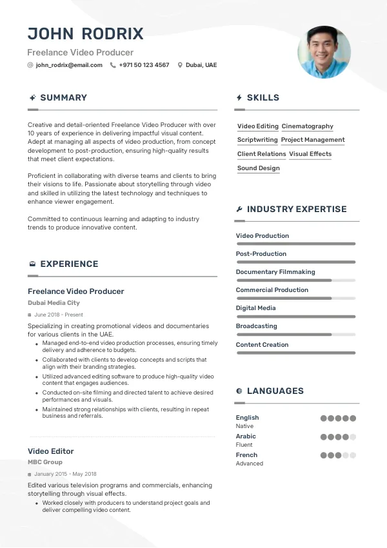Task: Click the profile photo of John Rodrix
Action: pos(324,52)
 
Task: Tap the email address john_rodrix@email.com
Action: pos(69,65)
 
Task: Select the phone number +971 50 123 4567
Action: pos(144,65)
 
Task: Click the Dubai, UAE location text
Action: pos(201,65)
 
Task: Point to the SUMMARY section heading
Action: pos(63,97)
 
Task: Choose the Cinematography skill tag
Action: pos(308,126)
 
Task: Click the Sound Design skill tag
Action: pos(258,168)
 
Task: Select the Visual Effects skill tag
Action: pos(310,154)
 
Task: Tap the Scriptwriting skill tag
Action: pos(257,140)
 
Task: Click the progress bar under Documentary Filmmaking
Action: pos(295,280)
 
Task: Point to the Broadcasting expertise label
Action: pos(256,326)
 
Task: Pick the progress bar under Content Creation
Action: pos(295,353)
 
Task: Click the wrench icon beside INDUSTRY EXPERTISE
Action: pos(239,210)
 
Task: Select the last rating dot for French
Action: pos(353,455)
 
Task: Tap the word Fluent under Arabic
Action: pos(244,445)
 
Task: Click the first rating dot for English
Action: pos(324,418)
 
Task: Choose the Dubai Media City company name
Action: pos(54,303)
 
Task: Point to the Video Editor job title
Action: pos(51,451)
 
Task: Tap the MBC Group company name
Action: pos(45,462)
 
